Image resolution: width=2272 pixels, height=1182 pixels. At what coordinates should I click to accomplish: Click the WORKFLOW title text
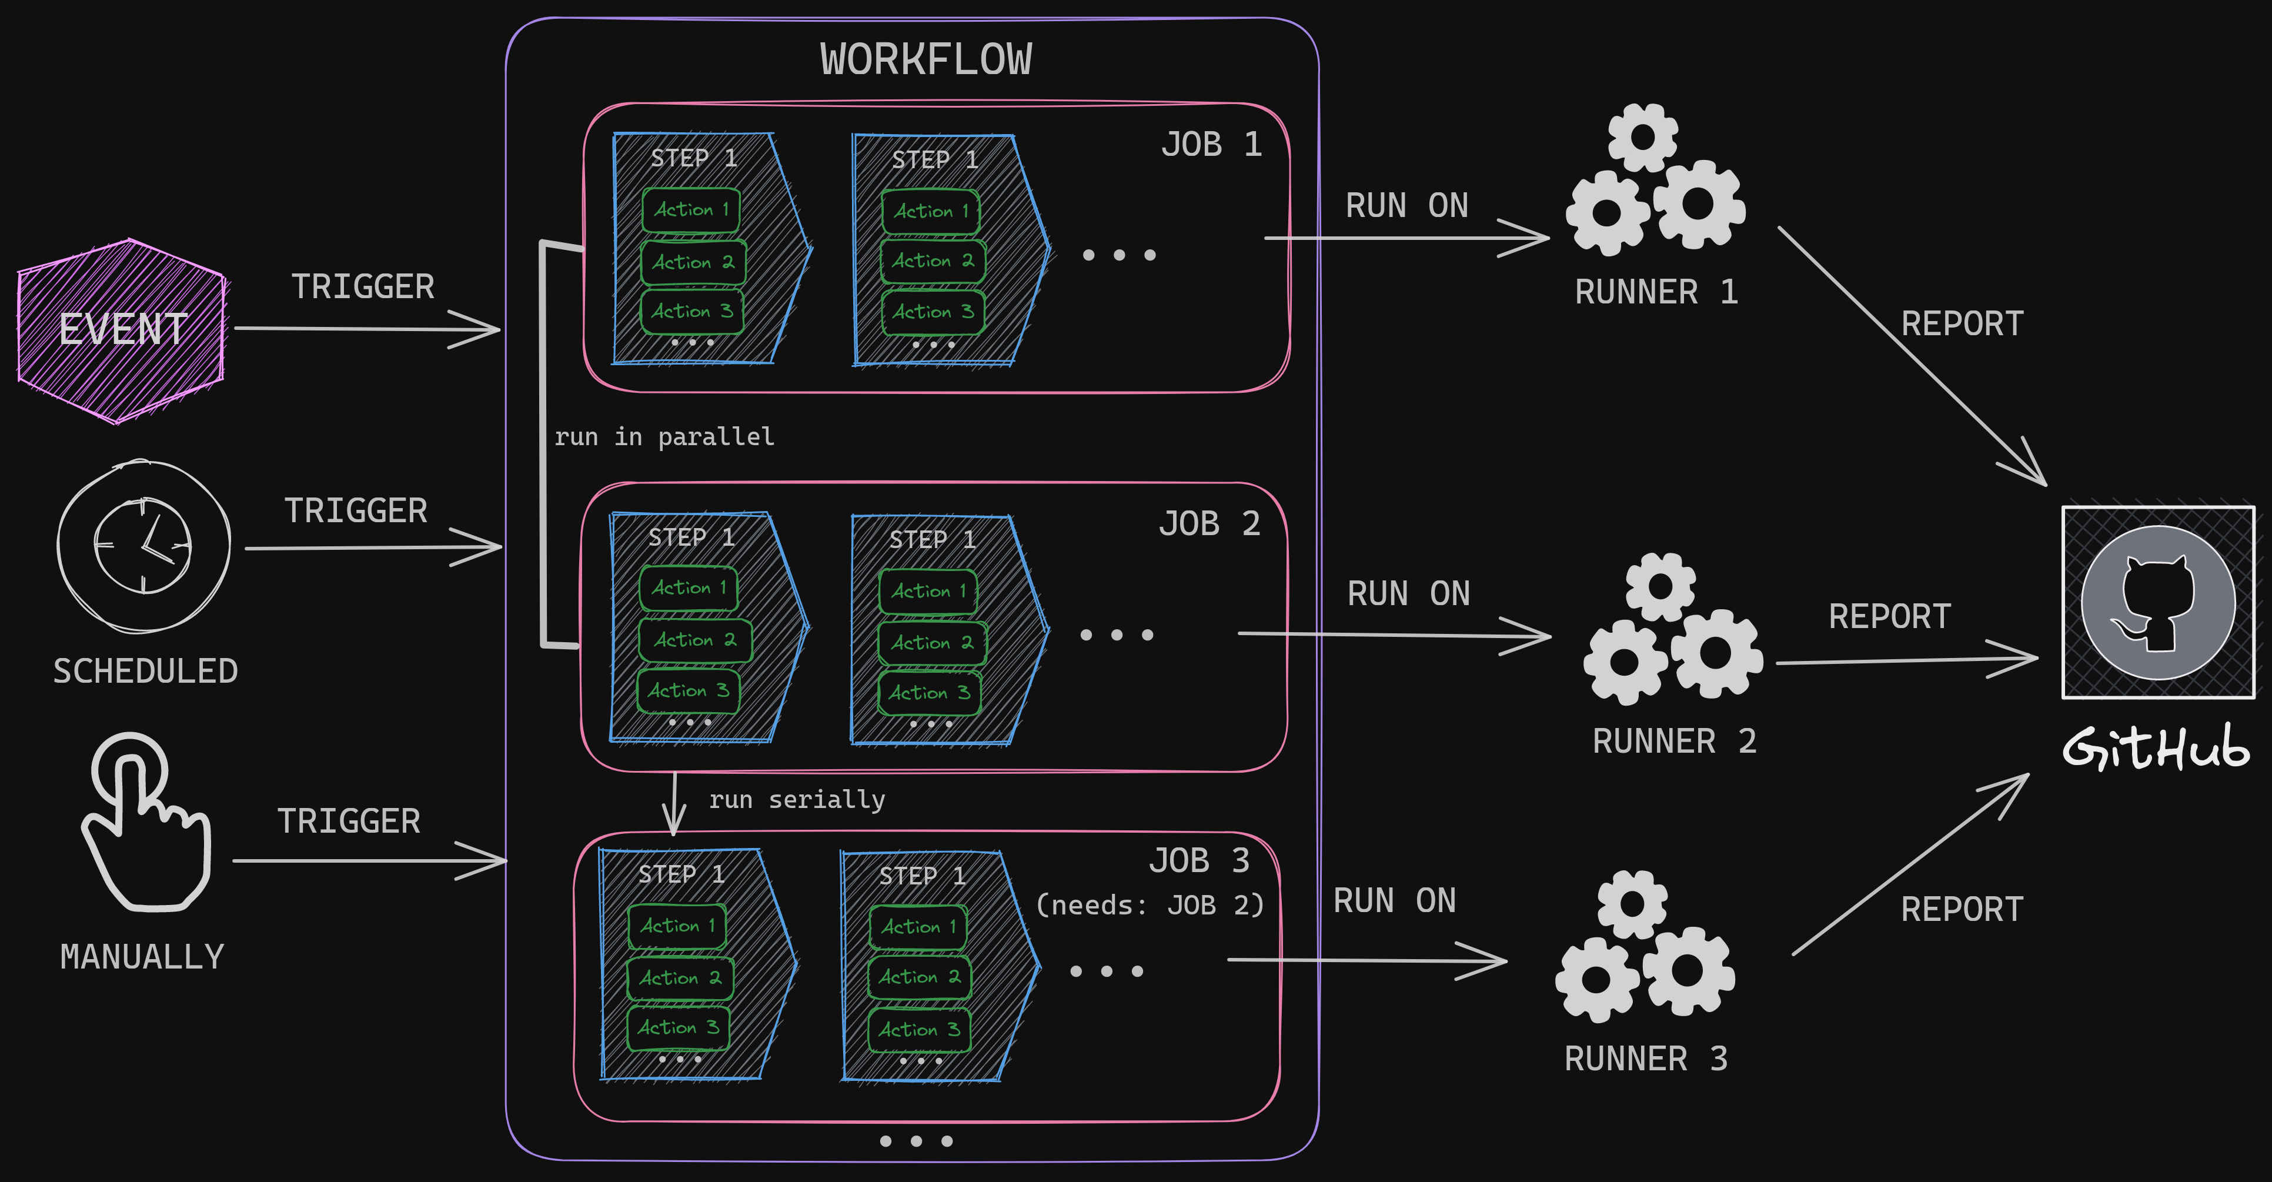(x=925, y=60)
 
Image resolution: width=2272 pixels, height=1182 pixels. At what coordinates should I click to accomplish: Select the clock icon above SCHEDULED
(x=143, y=545)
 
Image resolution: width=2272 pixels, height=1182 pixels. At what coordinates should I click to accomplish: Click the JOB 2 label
(x=1208, y=524)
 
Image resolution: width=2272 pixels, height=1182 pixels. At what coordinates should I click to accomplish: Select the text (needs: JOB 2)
(x=1149, y=905)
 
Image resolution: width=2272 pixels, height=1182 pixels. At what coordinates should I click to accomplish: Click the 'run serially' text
(x=796, y=799)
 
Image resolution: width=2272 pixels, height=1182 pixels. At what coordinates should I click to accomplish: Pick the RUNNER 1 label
(x=1656, y=292)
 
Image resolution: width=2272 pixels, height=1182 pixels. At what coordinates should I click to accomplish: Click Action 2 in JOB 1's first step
(x=693, y=262)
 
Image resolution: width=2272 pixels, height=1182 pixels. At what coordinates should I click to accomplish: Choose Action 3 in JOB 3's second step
(x=919, y=1029)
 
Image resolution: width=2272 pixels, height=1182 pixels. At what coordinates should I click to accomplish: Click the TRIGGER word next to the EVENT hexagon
(x=362, y=287)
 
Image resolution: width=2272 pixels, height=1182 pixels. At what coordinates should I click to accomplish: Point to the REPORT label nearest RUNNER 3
(x=1962, y=909)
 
